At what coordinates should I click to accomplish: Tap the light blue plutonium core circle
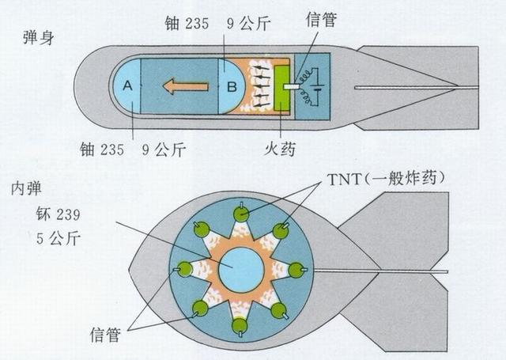[241, 269]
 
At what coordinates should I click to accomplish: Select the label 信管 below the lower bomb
[101, 335]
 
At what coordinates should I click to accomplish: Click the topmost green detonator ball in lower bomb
[241, 211]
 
